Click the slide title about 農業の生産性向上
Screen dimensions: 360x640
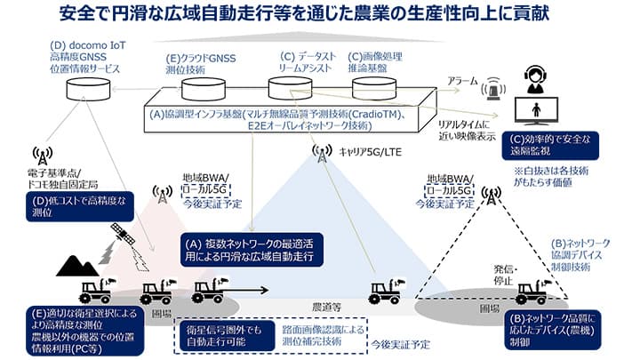pos(319,14)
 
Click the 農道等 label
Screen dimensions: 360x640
pos(320,307)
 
